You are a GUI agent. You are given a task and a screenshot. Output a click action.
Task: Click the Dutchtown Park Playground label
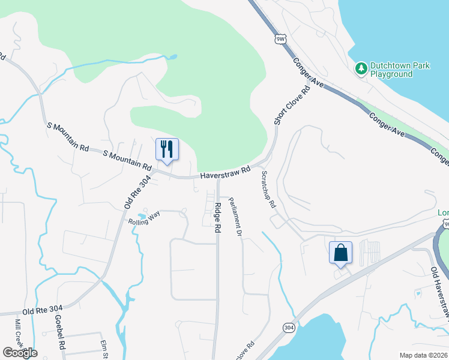(x=391, y=70)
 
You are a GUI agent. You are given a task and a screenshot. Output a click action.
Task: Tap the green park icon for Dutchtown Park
(x=361, y=70)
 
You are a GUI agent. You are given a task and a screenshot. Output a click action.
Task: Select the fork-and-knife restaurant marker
(x=167, y=149)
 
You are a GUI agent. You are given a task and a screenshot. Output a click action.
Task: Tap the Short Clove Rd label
(x=292, y=106)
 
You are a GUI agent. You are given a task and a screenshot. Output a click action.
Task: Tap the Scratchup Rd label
(x=268, y=189)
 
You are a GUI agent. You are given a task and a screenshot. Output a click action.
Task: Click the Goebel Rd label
(x=59, y=331)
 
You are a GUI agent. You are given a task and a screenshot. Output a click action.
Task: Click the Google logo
(x=20, y=352)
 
